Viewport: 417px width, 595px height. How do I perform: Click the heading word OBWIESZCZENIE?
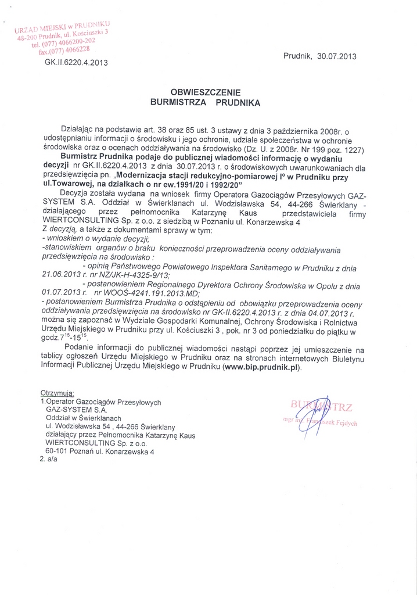coord(204,92)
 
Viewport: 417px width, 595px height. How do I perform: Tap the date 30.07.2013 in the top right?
coord(334,57)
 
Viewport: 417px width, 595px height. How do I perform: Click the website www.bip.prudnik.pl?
coord(262,367)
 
